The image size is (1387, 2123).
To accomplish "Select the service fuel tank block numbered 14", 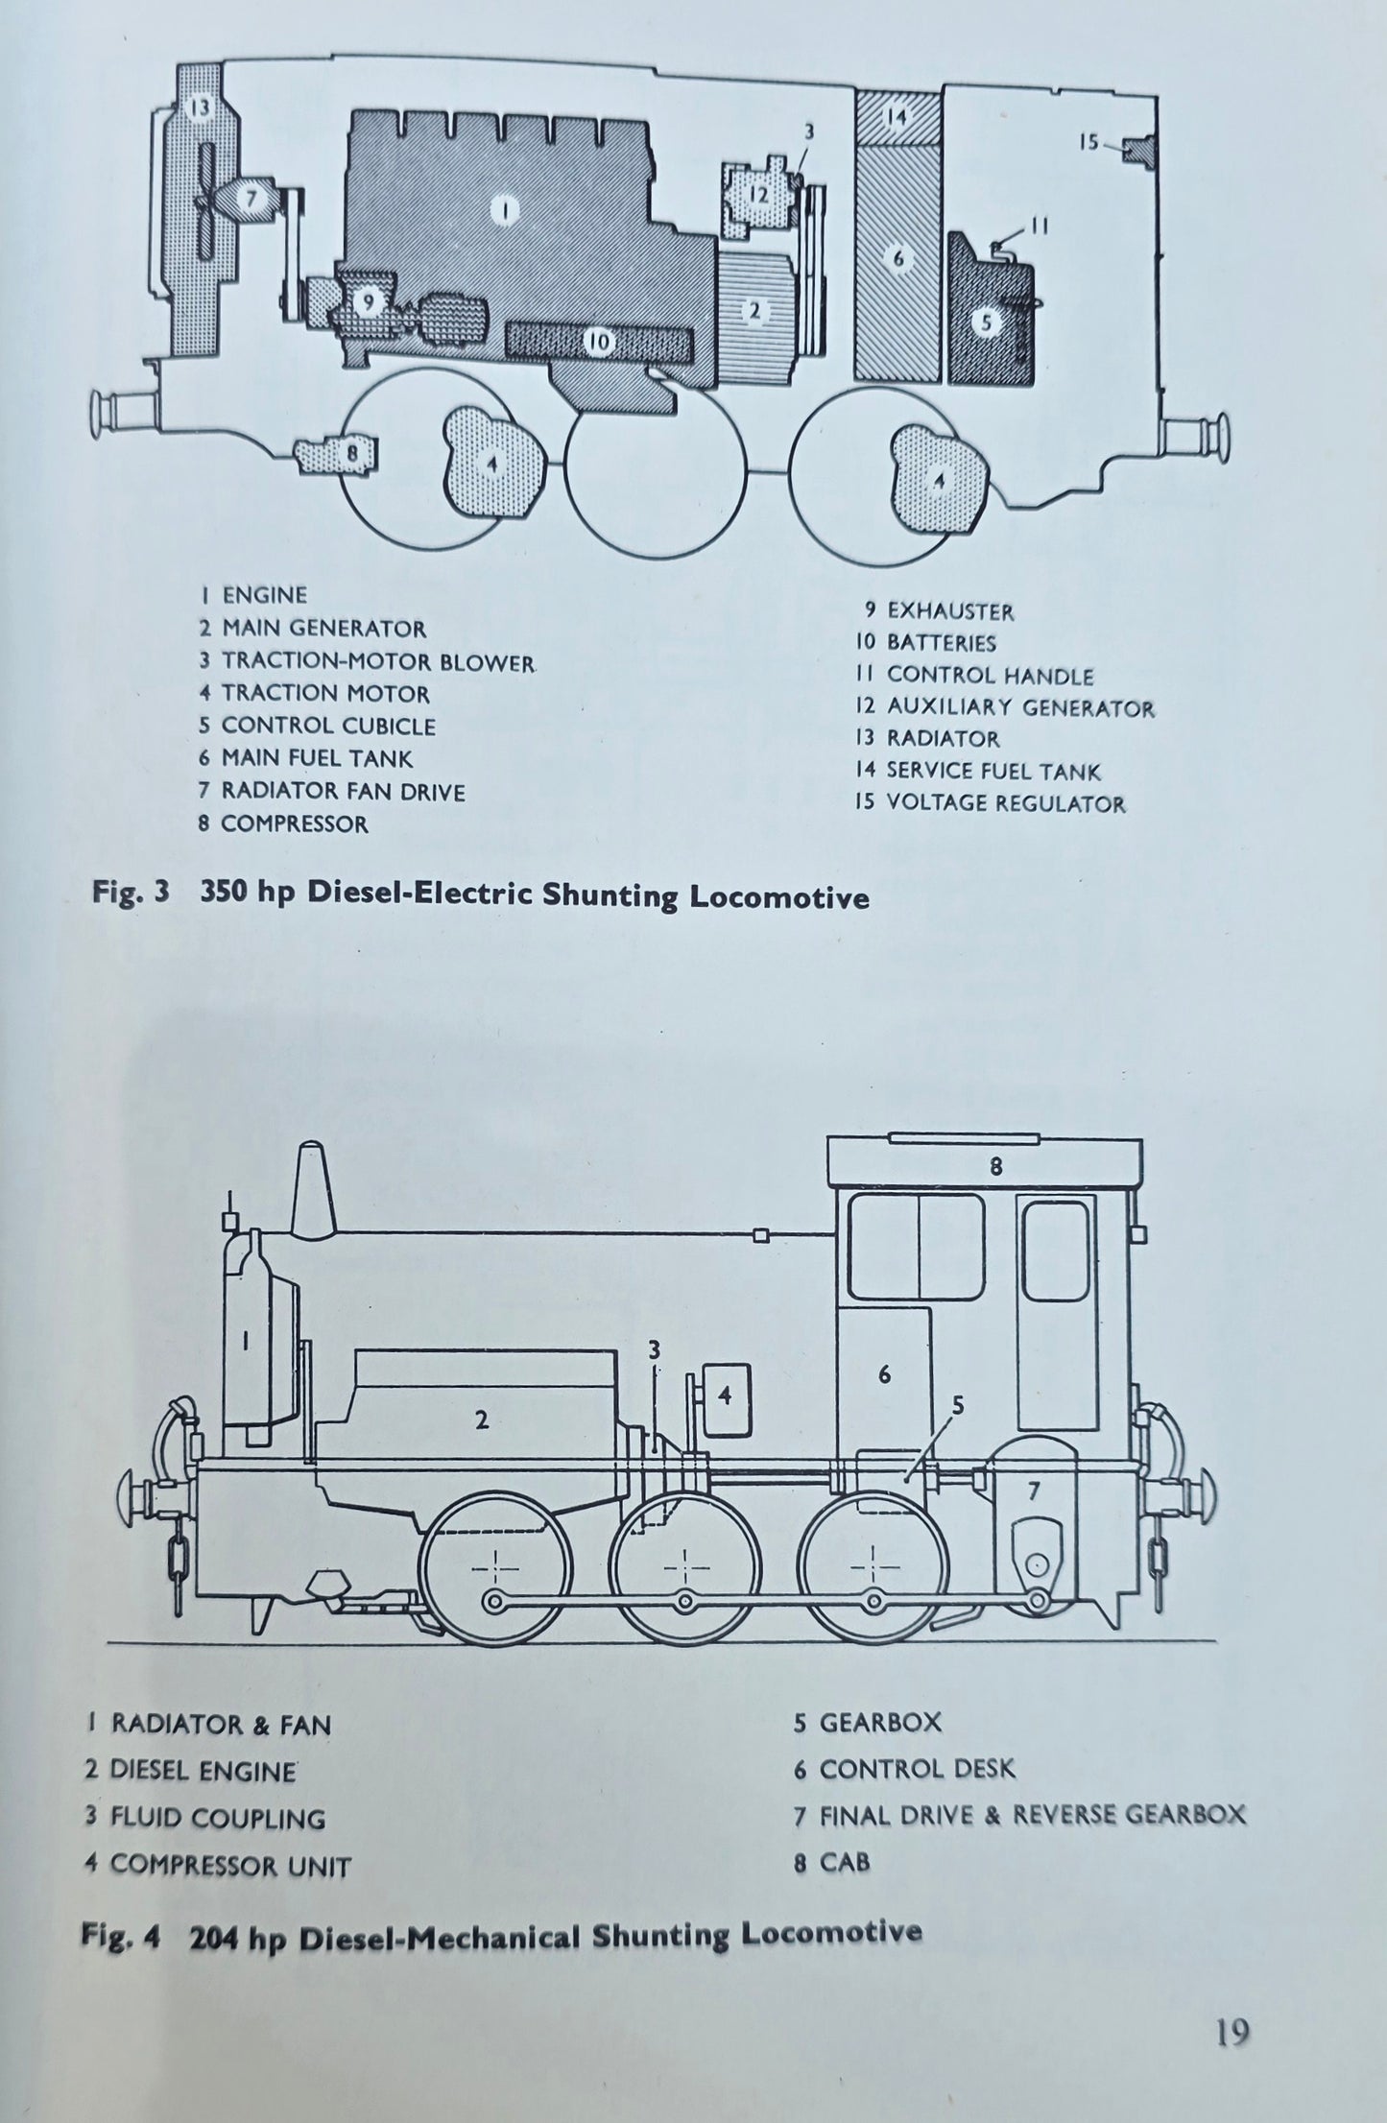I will [897, 118].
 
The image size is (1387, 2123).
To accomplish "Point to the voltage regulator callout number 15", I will [1088, 143].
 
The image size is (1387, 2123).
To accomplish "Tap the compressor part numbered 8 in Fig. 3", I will [340, 452].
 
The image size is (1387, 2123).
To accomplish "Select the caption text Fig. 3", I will [131, 894].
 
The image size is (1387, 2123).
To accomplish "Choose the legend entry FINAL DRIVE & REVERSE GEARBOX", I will [1032, 1814].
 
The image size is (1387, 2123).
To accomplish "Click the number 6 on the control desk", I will [884, 1375].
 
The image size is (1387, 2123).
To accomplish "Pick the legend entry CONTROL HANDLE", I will [989, 676].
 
